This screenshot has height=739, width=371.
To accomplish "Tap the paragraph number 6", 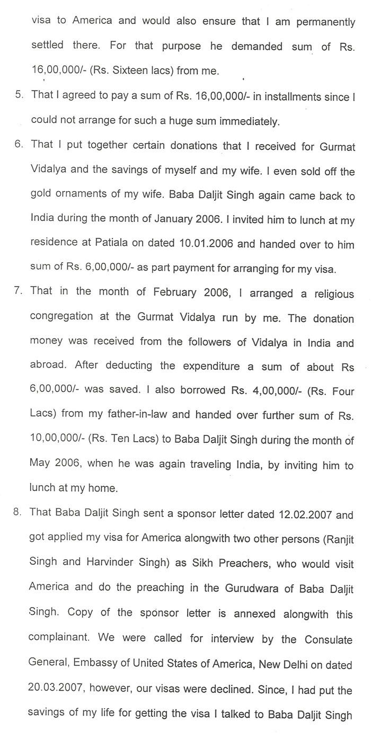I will pyautogui.click(x=19, y=145).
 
